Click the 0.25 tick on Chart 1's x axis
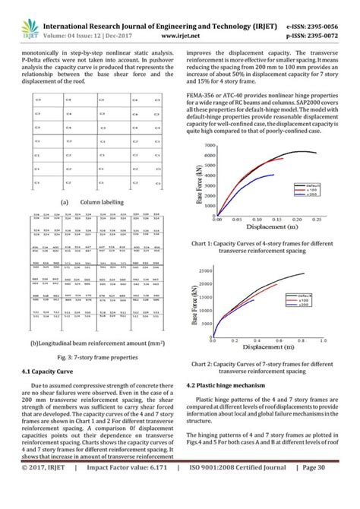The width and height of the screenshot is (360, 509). (x=315, y=219)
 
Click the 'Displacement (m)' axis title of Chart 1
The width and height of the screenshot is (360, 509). (x=264, y=227)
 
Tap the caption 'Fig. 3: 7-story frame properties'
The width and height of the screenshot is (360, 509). (x=92, y=356)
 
